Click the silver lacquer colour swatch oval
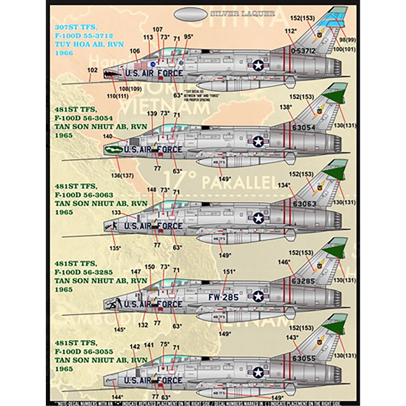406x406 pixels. pyautogui.click(x=191, y=14)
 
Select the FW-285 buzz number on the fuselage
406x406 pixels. pyautogui.click(x=223, y=297)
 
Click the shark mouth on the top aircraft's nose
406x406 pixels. pyautogui.click(x=111, y=74)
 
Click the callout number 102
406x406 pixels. pyautogui.click(x=92, y=70)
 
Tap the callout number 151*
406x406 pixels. pyautogui.click(x=229, y=271)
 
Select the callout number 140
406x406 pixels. pyautogui.click(x=108, y=136)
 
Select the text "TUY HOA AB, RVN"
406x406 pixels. pyautogui.click(x=80, y=44)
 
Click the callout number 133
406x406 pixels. pyautogui.click(x=116, y=212)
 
